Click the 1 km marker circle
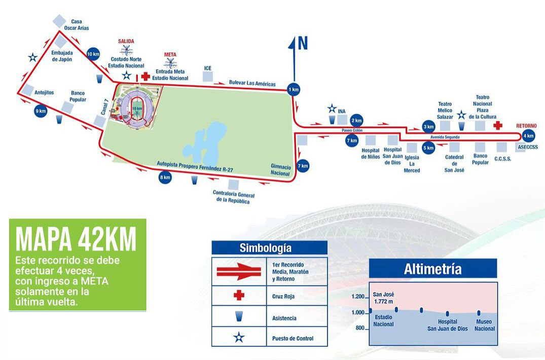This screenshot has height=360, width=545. (294, 89)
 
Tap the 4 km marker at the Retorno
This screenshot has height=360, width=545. (529, 136)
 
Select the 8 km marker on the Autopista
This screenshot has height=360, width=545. (165, 177)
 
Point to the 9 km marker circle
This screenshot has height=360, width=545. (41, 111)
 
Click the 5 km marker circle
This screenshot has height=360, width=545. (428, 148)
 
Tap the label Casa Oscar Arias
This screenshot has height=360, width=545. (77, 25)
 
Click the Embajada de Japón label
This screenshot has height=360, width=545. (62, 56)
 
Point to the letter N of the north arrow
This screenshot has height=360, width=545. (303, 45)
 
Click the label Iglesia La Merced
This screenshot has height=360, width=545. (412, 164)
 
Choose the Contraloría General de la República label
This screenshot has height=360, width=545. (233, 198)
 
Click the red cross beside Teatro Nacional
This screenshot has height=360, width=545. (498, 125)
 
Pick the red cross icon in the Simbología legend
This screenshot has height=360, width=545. (239, 295)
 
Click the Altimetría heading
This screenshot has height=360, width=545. (432, 269)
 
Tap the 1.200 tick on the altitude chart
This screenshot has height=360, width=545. (358, 297)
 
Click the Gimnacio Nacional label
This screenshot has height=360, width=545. (280, 169)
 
